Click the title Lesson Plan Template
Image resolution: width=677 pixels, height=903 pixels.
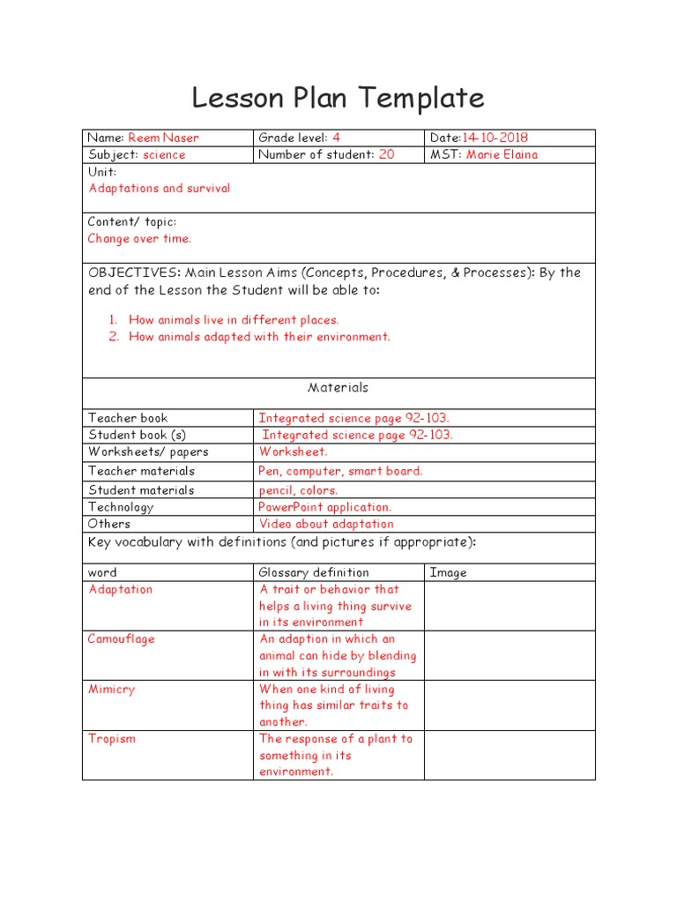pos(338,98)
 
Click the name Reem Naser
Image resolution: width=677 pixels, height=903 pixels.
pos(163,138)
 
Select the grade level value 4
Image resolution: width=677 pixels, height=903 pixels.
pos(336,138)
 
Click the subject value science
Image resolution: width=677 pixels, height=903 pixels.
pos(164,154)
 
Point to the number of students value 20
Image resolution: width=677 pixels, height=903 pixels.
pos(386,154)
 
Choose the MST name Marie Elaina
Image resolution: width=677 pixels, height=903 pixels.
pos(502,154)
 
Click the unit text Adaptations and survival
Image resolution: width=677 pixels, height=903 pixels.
pos(159,188)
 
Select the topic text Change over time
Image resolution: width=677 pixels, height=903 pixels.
pos(139,238)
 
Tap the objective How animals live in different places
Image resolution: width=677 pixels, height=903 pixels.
pos(234,320)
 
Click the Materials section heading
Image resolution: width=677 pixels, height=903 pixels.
pos(338,387)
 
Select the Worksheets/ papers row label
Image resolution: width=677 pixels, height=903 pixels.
pos(148,451)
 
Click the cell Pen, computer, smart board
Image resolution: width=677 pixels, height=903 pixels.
pos(340,471)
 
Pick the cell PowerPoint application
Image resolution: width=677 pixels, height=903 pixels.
pos(324,507)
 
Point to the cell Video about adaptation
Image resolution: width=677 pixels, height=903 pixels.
pos(326,524)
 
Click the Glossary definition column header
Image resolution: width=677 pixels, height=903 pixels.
pos(314,572)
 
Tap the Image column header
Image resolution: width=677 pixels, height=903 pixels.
pos(448,572)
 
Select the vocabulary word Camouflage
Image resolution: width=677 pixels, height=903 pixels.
pos(122,638)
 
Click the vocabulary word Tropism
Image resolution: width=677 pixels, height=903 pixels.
pos(112,738)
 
